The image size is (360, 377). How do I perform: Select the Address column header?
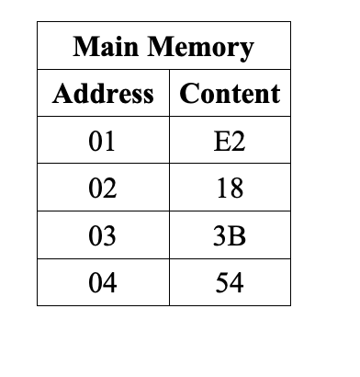pos(103,94)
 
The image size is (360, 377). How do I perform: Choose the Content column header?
pos(230,94)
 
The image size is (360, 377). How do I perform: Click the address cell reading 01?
pos(103,142)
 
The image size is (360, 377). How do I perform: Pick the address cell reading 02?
pos(103,189)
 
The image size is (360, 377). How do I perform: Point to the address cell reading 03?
pos(103,236)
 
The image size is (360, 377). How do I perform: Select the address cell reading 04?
pos(103,283)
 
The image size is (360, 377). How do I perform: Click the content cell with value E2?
pos(230,142)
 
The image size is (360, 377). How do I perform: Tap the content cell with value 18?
pos(230,189)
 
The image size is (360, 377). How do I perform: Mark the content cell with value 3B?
pos(230,236)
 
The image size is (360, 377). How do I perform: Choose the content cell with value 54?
pos(230,283)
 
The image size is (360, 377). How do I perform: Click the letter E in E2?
pos(222,142)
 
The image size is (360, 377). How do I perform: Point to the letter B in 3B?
pos(237,236)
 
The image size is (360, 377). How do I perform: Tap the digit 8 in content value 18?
pos(236,189)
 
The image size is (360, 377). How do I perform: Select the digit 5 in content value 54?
pos(222,283)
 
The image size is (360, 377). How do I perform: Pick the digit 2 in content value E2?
pos(237,142)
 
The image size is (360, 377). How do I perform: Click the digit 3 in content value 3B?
pos(221,236)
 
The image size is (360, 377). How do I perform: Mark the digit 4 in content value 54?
pos(236,283)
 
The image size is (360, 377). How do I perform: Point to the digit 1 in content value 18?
pos(222,189)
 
